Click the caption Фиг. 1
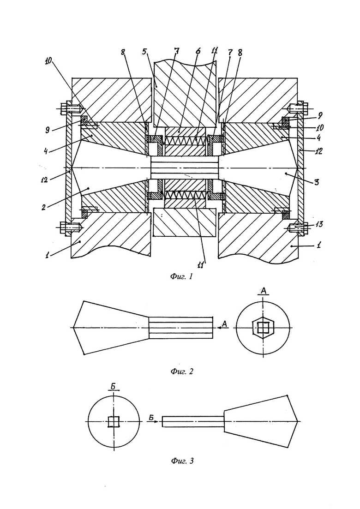[181, 276]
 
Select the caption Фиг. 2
[182, 371]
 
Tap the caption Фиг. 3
[182, 461]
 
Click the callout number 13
[319, 224]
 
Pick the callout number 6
[198, 51]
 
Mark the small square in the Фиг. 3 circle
[114, 422]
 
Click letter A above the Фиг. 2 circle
[264, 291]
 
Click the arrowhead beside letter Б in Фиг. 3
[156, 421]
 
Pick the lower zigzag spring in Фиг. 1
[186, 195]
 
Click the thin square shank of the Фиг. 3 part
[193, 422]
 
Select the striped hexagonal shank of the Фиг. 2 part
[181, 328]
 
